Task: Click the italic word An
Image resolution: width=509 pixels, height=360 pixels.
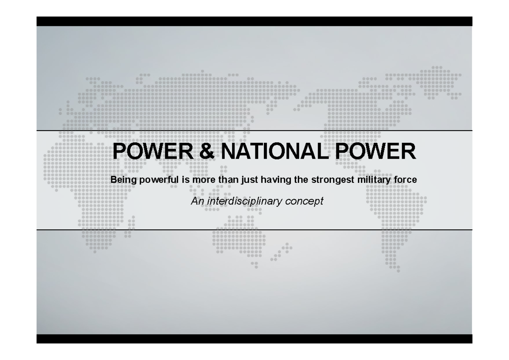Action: coord(196,201)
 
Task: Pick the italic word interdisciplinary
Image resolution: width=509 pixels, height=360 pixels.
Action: coord(243,201)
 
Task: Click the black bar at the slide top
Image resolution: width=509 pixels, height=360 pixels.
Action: coord(254,21)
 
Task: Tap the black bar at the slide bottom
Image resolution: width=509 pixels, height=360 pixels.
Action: coord(254,338)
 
